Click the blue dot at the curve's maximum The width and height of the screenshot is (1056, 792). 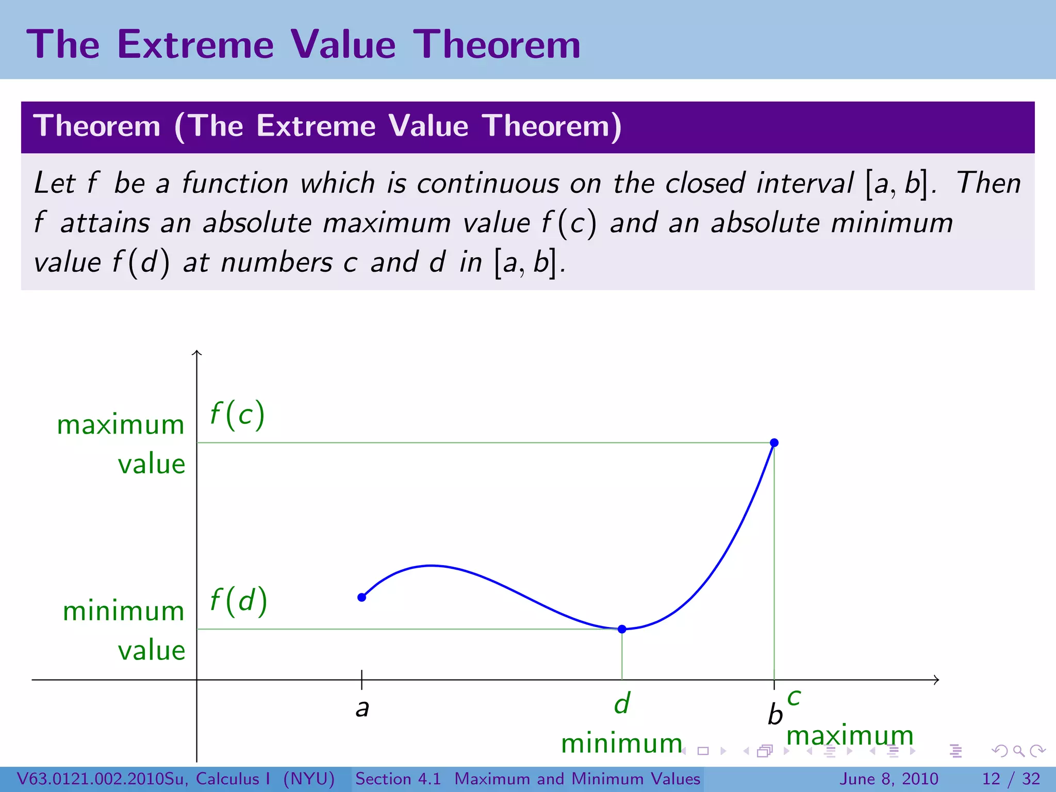coord(774,442)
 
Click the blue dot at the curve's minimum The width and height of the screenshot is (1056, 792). coord(622,629)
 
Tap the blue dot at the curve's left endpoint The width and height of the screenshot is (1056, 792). coord(362,597)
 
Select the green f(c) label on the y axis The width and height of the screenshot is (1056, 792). coord(237,415)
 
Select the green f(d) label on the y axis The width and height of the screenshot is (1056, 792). coord(238,601)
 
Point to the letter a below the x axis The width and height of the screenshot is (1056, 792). coord(362,708)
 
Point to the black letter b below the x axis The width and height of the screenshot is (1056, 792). coord(775,715)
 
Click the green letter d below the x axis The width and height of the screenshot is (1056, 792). coord(622,703)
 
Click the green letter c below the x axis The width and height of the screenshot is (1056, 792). coord(794,698)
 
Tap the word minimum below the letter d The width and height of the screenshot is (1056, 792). coord(621,744)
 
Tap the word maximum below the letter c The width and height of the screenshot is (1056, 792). coord(850,735)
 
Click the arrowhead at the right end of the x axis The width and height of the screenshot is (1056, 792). coord(936,680)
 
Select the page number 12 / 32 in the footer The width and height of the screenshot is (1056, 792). coord(1011,779)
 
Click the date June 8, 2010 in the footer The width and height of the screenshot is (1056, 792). coord(889,779)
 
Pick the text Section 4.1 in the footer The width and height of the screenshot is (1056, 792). coord(398,779)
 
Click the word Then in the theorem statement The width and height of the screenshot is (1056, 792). coord(988,183)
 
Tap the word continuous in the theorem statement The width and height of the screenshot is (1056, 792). coord(488,183)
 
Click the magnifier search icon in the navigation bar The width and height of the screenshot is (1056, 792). coord(1018,751)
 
